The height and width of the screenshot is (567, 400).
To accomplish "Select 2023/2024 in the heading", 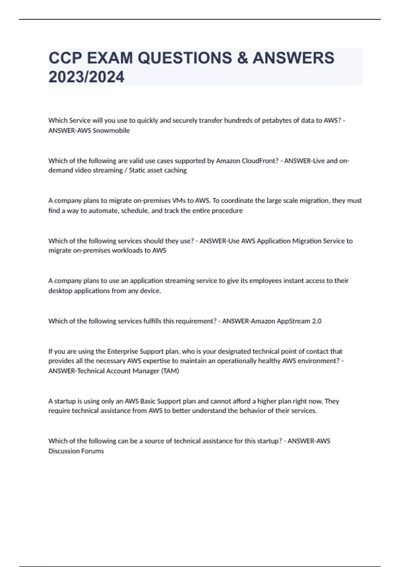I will click(86, 77).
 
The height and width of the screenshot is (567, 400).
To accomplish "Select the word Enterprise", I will click(122, 351).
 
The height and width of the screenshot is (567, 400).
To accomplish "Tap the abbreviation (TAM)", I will click(170, 371).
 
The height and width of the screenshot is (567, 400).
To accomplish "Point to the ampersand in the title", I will click(242, 58).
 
